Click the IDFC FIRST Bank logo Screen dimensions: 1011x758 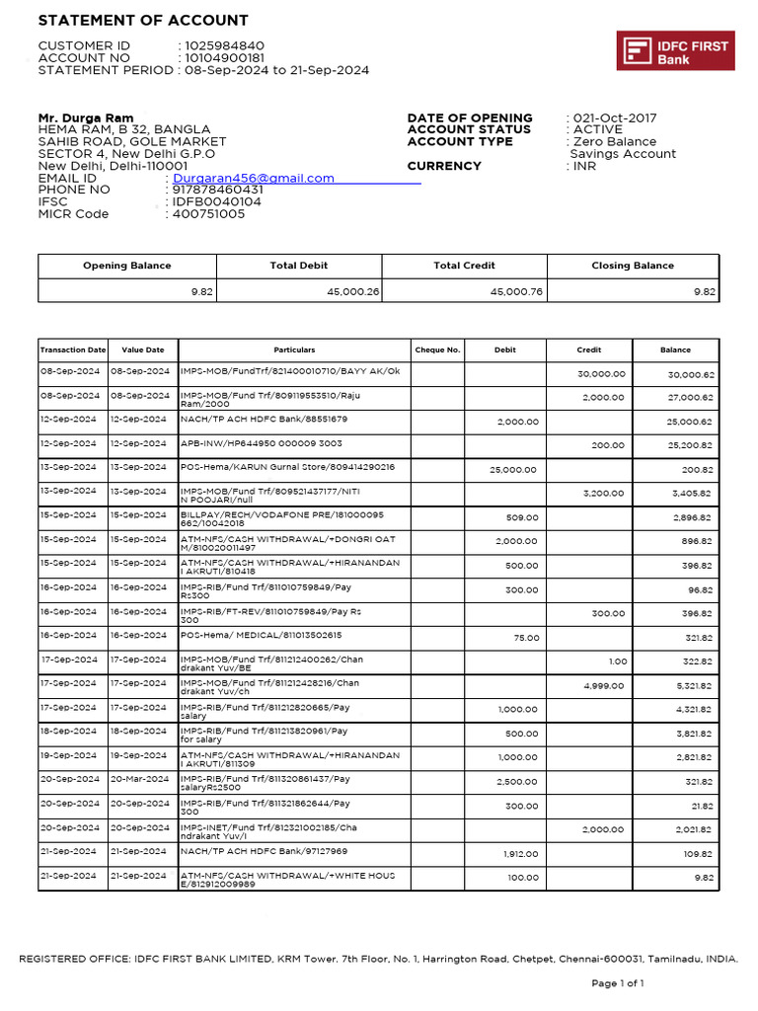[x=675, y=50]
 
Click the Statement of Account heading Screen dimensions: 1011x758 [x=143, y=21]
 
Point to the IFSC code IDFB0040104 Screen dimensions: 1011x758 [x=217, y=202]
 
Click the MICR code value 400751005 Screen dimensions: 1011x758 [x=208, y=214]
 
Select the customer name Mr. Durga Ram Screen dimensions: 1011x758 [x=86, y=118]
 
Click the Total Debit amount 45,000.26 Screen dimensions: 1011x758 [x=352, y=291]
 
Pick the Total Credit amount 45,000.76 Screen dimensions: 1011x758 [x=515, y=291]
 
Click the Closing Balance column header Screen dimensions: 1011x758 [x=633, y=266]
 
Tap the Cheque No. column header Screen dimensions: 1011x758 [x=438, y=350]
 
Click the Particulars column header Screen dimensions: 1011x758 [x=294, y=350]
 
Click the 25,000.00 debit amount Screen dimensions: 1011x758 [x=514, y=470]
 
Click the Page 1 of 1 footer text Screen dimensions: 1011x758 [x=617, y=983]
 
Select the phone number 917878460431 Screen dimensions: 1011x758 [x=218, y=191]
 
